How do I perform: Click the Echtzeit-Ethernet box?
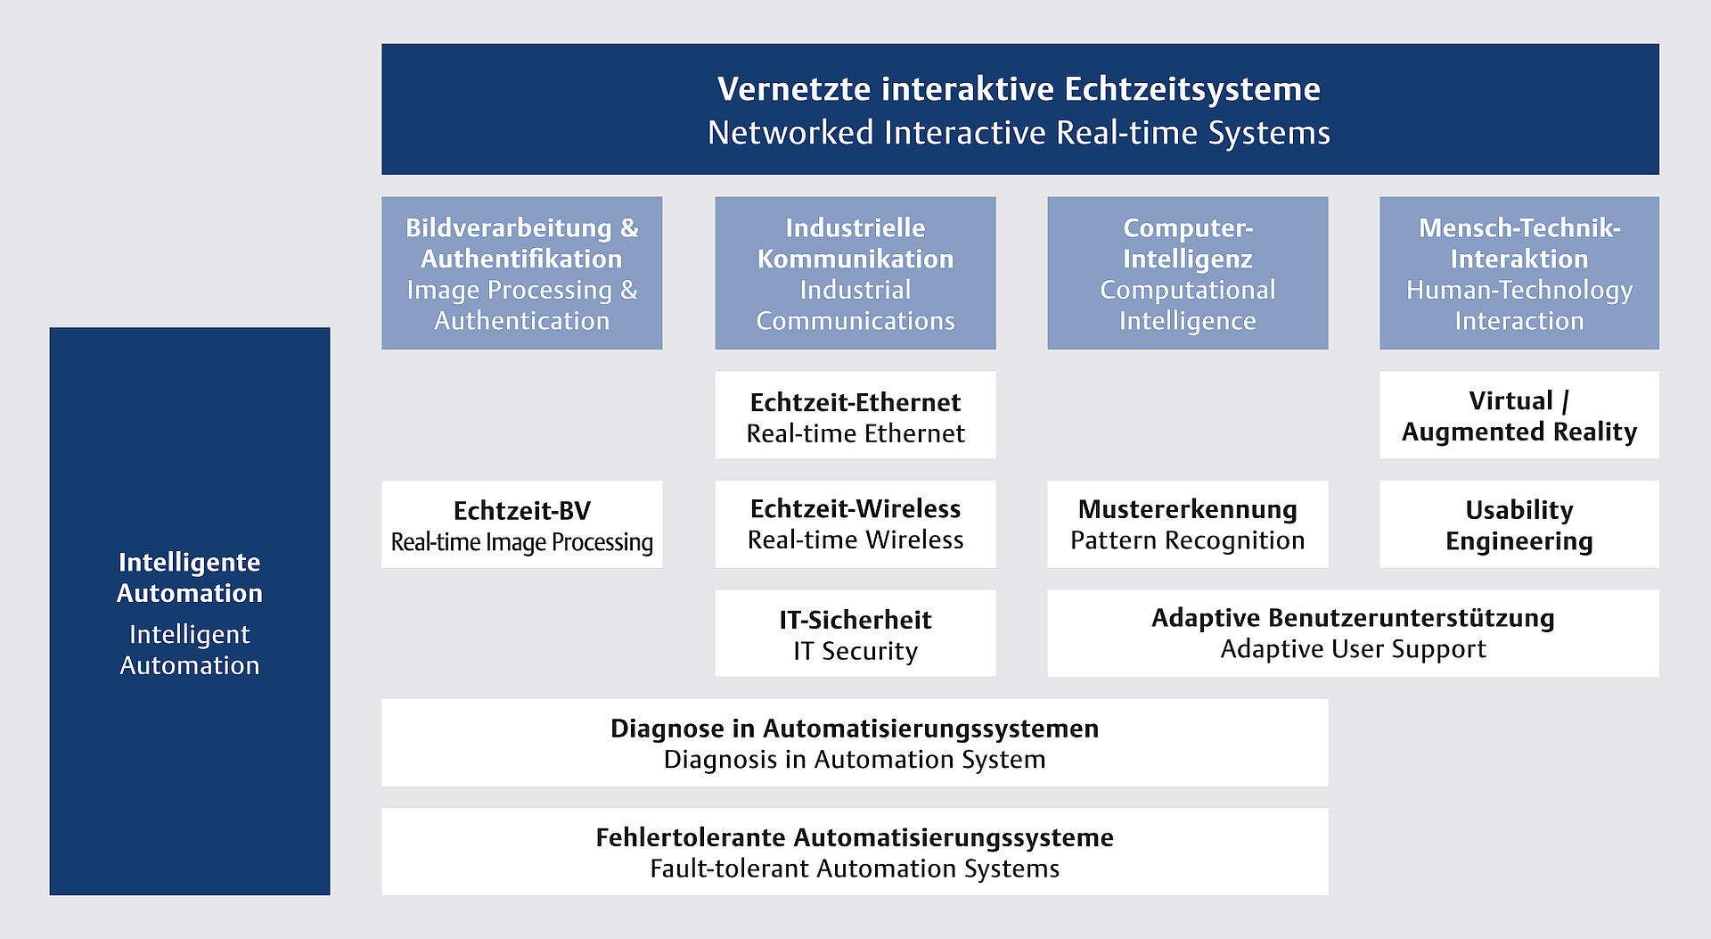pyautogui.click(x=855, y=416)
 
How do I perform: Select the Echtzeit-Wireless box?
pyautogui.click(x=855, y=524)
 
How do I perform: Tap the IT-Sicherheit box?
pyautogui.click(x=855, y=633)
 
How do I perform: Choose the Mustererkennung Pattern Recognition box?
pyautogui.click(x=1187, y=524)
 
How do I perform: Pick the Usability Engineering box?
pyautogui.click(x=1519, y=524)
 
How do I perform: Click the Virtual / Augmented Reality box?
pyautogui.click(x=1519, y=416)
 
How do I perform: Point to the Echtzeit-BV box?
pyautogui.click(x=521, y=524)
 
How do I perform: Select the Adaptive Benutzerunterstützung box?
pyautogui.click(x=1353, y=633)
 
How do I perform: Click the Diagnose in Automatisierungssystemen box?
pyautogui.click(x=854, y=743)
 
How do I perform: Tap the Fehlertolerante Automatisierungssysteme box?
pyautogui.click(x=854, y=852)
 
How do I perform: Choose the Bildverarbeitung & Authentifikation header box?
pyautogui.click(x=521, y=273)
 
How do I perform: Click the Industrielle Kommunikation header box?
pyautogui.click(x=855, y=273)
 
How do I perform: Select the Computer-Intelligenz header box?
pyautogui.click(x=1187, y=273)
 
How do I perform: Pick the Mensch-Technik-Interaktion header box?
pyautogui.click(x=1519, y=273)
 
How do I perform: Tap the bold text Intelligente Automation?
pyautogui.click(x=190, y=578)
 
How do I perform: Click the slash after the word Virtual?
pyautogui.click(x=1566, y=401)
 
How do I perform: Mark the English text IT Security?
pyautogui.click(x=855, y=651)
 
